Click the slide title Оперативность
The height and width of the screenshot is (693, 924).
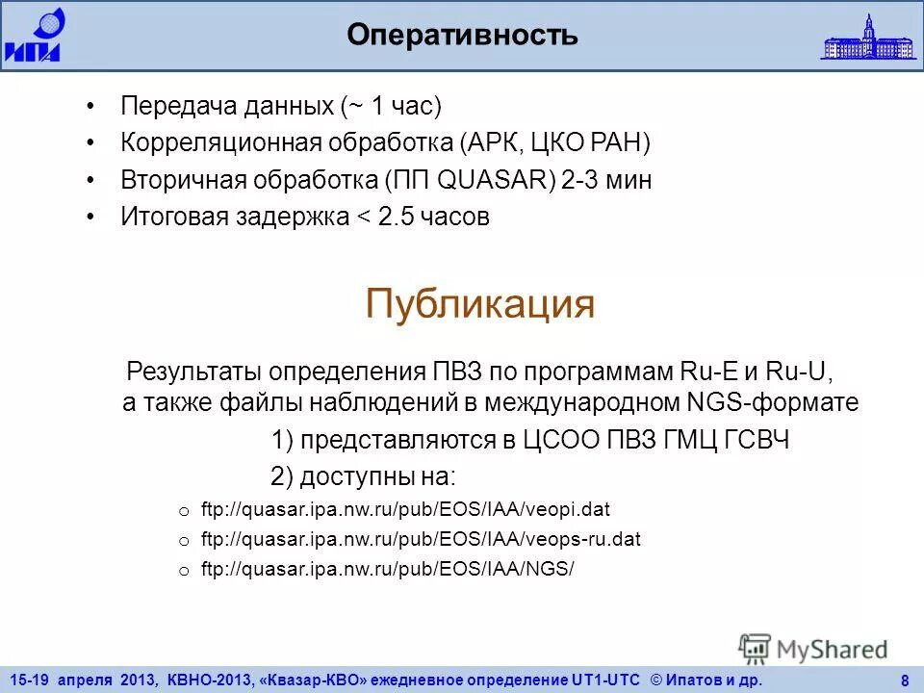(x=462, y=36)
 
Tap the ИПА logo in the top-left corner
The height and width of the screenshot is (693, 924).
(x=33, y=35)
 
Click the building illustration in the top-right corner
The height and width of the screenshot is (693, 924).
(x=868, y=38)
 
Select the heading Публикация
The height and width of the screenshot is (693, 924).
(x=480, y=304)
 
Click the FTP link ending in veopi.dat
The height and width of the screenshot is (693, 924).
(x=405, y=508)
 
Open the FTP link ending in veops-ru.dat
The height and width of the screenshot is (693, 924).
(x=421, y=539)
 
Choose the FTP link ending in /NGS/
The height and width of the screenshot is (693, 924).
(x=387, y=569)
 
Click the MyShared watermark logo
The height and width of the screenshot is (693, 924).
(x=814, y=650)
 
